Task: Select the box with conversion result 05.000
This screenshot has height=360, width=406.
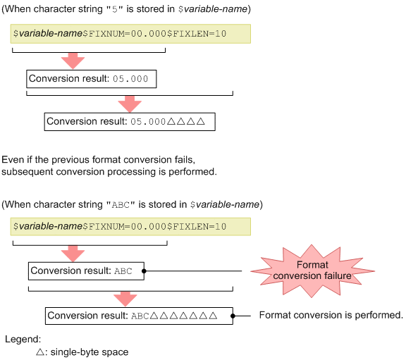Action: pyautogui.click(x=90, y=78)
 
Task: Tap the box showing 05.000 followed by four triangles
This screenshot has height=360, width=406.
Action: pyautogui.click(x=128, y=121)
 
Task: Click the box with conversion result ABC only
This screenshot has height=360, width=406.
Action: pyautogui.click(x=86, y=271)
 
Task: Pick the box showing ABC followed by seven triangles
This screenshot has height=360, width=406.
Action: pyautogui.click(x=139, y=316)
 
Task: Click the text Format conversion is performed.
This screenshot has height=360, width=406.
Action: pyautogui.click(x=331, y=315)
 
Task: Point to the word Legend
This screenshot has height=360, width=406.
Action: pyautogui.click(x=23, y=339)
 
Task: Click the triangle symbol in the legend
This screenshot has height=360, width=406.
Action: pyautogui.click(x=40, y=352)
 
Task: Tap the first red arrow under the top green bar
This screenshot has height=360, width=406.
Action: pyautogui.click(x=73, y=60)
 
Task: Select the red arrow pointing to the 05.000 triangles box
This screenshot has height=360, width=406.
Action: pyautogui.click(x=130, y=104)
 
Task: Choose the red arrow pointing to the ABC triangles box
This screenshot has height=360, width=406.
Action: pyautogui.click(x=130, y=297)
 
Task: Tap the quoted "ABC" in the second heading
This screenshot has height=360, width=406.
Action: pyautogui.click(x=118, y=205)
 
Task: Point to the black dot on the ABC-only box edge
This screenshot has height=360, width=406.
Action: pyautogui.click(x=144, y=271)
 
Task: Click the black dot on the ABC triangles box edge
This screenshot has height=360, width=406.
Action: pyautogui.click(x=233, y=316)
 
